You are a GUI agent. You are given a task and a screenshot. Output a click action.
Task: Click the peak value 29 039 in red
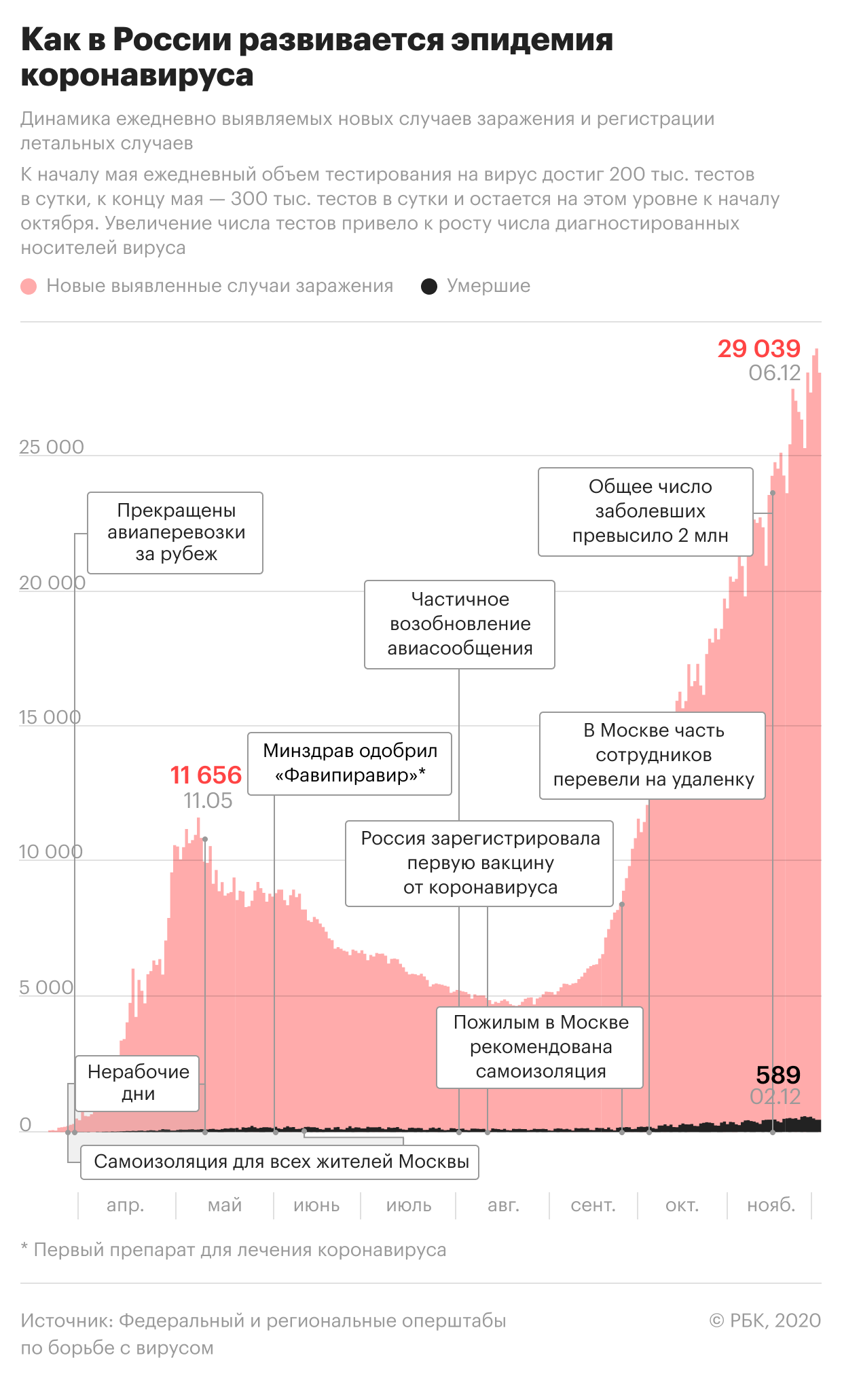pos(759,349)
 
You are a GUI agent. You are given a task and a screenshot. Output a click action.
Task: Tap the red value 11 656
pos(206,775)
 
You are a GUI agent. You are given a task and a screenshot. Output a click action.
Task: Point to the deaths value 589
pos(778,1075)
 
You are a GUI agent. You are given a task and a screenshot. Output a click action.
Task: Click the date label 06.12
pos(775,373)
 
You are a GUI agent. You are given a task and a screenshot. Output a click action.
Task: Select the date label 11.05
pos(208,800)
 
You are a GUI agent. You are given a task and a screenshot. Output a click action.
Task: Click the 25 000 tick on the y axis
pos(52,447)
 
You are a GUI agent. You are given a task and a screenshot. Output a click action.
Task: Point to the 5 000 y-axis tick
pos(46,987)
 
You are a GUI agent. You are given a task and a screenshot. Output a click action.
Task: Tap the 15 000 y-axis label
pos(50,717)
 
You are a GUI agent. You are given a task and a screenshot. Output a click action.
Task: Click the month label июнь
pos(316,1205)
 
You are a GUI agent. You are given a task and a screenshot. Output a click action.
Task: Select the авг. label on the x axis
pos(503,1205)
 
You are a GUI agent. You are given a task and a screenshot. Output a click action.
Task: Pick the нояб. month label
pos(771,1205)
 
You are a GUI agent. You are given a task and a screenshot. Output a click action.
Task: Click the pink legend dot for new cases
pos(29,287)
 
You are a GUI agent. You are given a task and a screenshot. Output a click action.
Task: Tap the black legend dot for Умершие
pos(429,287)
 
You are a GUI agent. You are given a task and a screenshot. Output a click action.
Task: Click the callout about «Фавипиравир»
pos(350,763)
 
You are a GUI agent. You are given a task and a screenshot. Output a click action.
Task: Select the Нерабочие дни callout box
pos(138,1083)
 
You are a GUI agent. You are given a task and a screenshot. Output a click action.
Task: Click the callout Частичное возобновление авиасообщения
pos(460,624)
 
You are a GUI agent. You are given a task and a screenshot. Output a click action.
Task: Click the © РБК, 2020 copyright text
pos(765,1321)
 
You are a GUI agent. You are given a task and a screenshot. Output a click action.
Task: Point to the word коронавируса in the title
pos(137,75)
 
